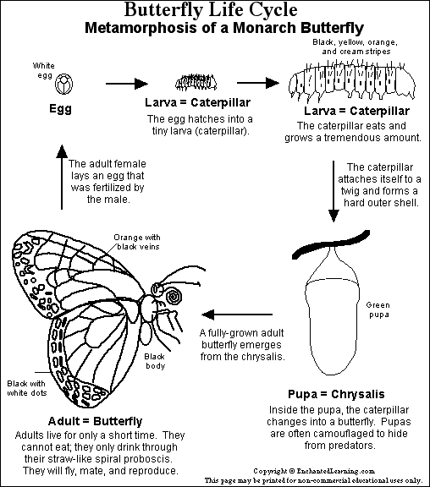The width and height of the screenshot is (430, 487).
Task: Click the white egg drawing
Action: point(64,84)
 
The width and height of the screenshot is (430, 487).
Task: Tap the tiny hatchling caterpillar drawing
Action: point(196,83)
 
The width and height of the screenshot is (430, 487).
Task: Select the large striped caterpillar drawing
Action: point(351,82)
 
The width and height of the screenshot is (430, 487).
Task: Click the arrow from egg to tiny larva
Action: point(127,83)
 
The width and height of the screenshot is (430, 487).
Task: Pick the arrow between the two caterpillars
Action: point(258,83)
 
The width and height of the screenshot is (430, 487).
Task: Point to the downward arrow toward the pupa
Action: point(334,191)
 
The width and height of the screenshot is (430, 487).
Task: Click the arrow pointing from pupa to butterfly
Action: point(237,315)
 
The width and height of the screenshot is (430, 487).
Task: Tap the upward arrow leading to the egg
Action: point(62,177)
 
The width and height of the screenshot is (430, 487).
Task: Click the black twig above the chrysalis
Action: point(331,244)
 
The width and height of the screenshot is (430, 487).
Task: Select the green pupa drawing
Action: point(333,310)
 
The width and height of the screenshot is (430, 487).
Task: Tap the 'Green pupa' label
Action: point(378,309)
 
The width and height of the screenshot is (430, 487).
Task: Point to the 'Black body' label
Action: point(155,361)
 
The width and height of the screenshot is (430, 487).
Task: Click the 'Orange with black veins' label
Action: point(137,242)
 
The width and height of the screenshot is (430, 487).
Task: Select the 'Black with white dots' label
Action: point(27,388)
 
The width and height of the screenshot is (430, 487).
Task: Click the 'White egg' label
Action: point(44,70)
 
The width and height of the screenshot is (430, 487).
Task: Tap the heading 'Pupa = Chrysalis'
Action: point(336,394)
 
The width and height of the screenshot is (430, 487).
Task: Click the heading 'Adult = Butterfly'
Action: point(95,421)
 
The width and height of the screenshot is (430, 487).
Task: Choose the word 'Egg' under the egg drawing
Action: point(60,109)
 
